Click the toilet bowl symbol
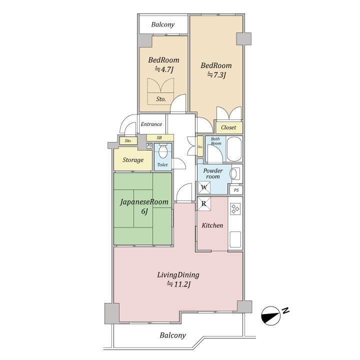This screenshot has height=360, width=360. [x=163, y=151]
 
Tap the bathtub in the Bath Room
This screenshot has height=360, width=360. [x=234, y=149]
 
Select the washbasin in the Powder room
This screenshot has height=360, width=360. [x=233, y=174]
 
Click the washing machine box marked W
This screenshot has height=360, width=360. [x=204, y=187]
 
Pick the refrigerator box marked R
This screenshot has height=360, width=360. [x=204, y=204]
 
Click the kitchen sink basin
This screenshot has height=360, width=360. [x=235, y=239]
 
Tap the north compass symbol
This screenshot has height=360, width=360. [x=271, y=315]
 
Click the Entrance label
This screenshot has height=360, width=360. [x=151, y=124]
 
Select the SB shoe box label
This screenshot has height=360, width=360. [x=159, y=138]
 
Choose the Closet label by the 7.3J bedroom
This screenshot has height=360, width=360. [x=228, y=127]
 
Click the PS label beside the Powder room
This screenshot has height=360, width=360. [x=236, y=190]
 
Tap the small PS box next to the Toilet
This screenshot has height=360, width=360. [x=149, y=145]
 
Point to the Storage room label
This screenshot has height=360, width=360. [x=133, y=160]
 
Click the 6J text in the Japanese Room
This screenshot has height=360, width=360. [x=144, y=211]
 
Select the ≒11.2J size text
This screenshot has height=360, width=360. [x=178, y=284]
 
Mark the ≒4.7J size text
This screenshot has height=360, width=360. [x=163, y=69]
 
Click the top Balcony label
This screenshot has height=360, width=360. [x=163, y=24]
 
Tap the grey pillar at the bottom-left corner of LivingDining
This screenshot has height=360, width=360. [x=112, y=313]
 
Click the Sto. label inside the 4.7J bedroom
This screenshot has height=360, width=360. [x=161, y=99]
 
